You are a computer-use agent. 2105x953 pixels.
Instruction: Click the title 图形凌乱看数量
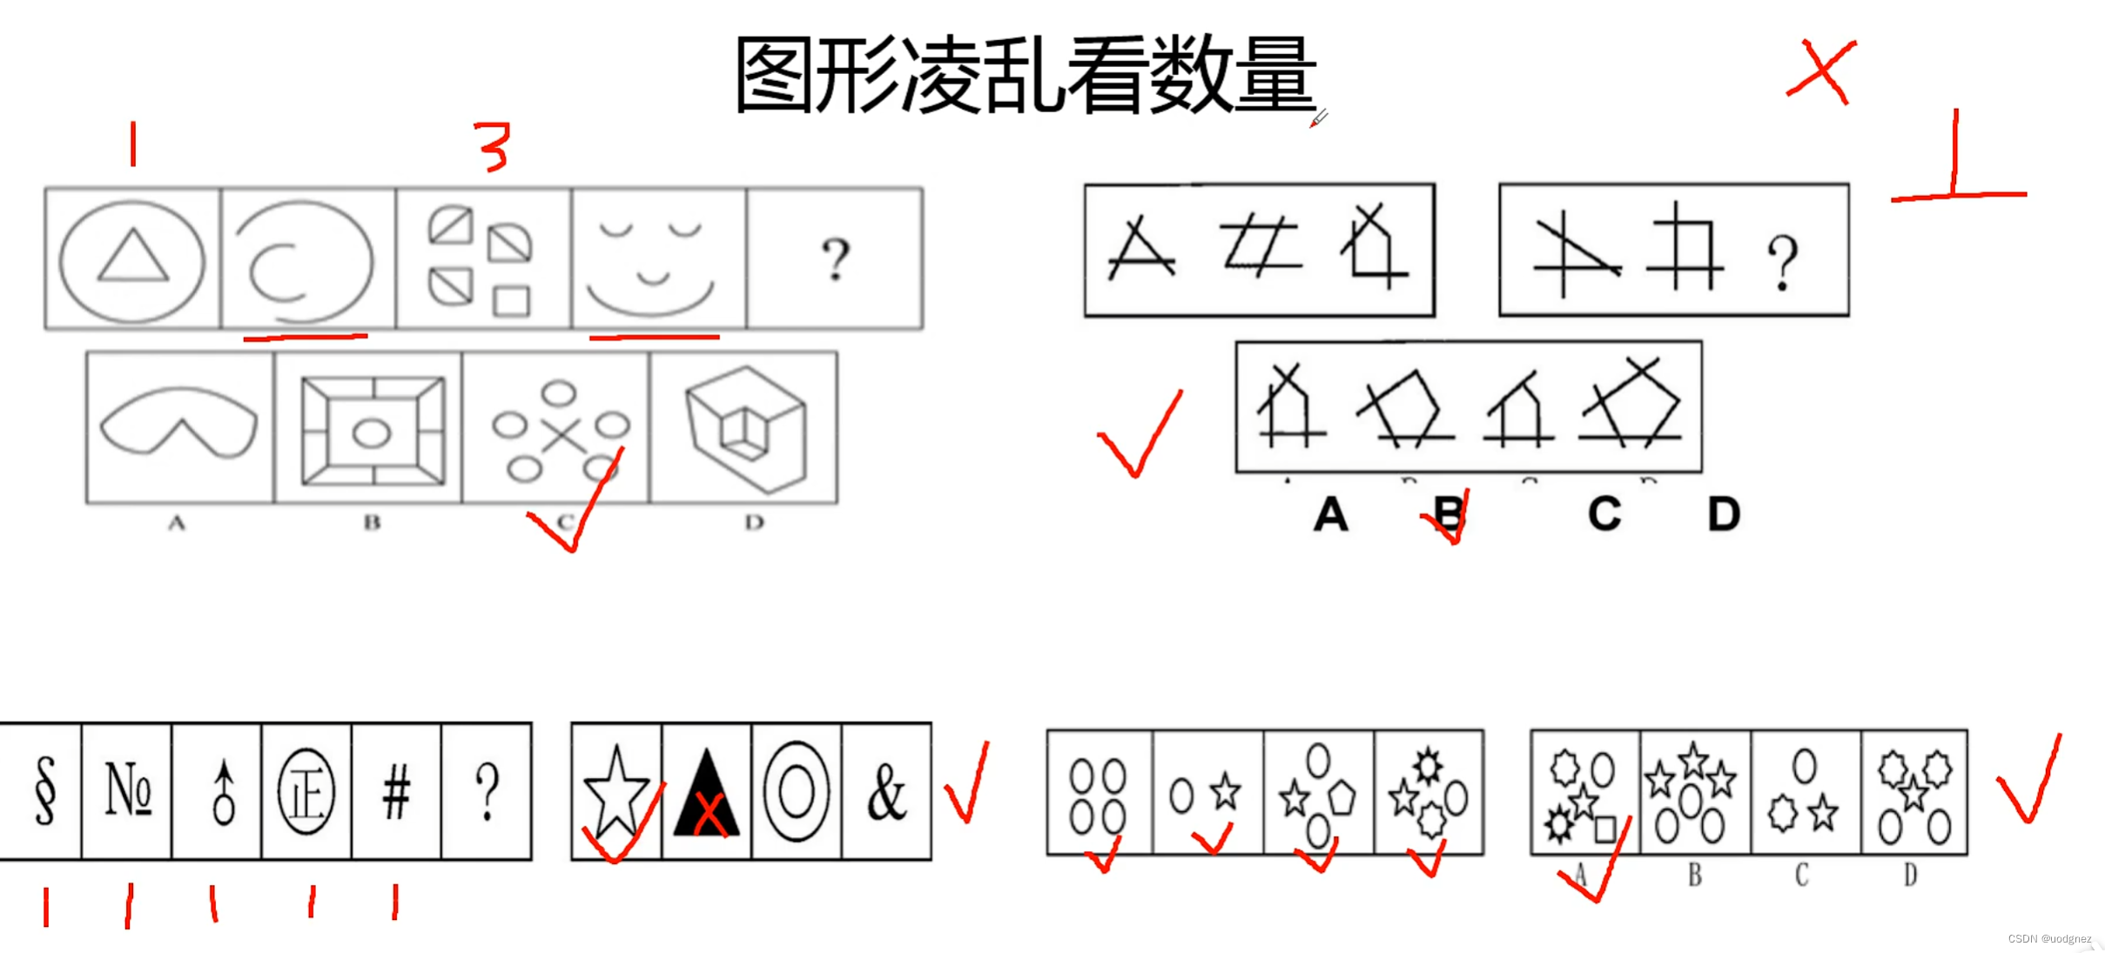pyautogui.click(x=1026, y=75)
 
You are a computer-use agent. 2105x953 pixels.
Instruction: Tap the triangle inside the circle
pyautogui.click(x=132, y=257)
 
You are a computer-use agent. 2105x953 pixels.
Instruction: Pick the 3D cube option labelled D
pyautogui.click(x=745, y=426)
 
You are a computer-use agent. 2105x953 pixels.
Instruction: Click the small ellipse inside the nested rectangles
pyautogui.click(x=372, y=433)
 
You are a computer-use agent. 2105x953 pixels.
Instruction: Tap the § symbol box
pyautogui.click(x=44, y=790)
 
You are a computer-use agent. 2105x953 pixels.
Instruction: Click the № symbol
pyautogui.click(x=128, y=790)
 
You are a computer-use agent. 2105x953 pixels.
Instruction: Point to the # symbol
pyautogui.click(x=396, y=792)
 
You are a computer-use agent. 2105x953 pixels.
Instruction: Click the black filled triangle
pyautogui.click(x=706, y=794)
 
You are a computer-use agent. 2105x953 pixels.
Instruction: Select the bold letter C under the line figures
pyautogui.click(x=1604, y=513)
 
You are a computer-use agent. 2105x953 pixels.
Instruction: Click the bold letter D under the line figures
pyautogui.click(x=1723, y=513)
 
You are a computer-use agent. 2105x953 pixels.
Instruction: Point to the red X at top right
pyautogui.click(x=1821, y=71)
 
